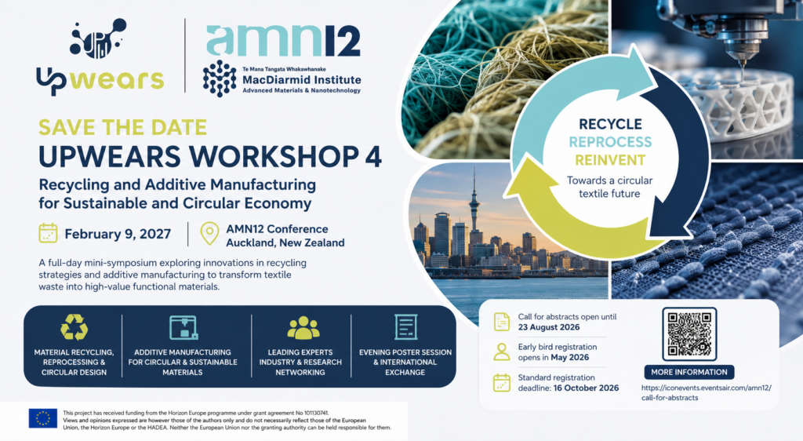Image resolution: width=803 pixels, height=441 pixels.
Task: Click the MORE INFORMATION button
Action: (689, 373)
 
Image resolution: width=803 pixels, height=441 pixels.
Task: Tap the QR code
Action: (689, 334)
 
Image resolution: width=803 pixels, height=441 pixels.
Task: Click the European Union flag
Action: (43, 418)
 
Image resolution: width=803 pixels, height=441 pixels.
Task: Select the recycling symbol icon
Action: (74, 327)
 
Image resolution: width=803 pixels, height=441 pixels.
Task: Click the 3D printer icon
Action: (183, 328)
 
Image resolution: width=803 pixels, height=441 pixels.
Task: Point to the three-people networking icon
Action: (303, 328)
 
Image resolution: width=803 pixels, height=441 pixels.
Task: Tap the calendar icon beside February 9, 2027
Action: (48, 233)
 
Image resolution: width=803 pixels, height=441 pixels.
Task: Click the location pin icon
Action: (209, 234)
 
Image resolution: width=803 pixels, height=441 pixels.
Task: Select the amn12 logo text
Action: (283, 40)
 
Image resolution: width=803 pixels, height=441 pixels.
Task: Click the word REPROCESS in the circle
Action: (610, 142)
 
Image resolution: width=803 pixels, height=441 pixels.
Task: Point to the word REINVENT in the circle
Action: (609, 160)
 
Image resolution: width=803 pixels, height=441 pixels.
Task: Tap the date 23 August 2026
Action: (548, 327)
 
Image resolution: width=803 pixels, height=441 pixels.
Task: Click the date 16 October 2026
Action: (586, 388)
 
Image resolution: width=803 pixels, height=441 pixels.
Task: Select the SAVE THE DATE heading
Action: (122, 127)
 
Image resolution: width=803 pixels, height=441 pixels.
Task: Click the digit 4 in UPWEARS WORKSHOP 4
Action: (373, 157)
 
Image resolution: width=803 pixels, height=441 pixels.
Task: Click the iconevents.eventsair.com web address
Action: (707, 393)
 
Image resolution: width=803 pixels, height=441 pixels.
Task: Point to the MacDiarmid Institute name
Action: (302, 80)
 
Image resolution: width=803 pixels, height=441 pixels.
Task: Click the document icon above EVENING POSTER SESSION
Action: (405, 326)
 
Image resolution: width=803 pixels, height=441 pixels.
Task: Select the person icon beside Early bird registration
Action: (501, 352)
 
